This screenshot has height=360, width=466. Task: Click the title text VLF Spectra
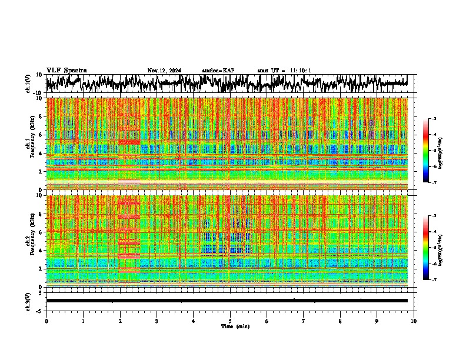(x=66, y=70)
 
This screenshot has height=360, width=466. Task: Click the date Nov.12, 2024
(x=164, y=71)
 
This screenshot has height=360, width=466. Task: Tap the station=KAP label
(x=218, y=71)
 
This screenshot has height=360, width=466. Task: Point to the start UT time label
(x=284, y=71)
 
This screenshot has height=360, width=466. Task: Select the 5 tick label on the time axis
(x=230, y=321)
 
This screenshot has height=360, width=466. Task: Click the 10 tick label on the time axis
(x=414, y=321)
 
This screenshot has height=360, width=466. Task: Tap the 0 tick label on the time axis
(x=46, y=321)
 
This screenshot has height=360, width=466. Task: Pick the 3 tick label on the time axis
(x=157, y=321)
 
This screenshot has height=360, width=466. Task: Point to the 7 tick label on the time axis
(x=304, y=321)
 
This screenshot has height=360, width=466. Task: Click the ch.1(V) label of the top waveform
(x=28, y=84)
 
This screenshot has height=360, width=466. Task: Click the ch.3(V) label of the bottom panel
(x=28, y=301)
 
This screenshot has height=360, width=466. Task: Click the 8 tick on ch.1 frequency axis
(x=41, y=116)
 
